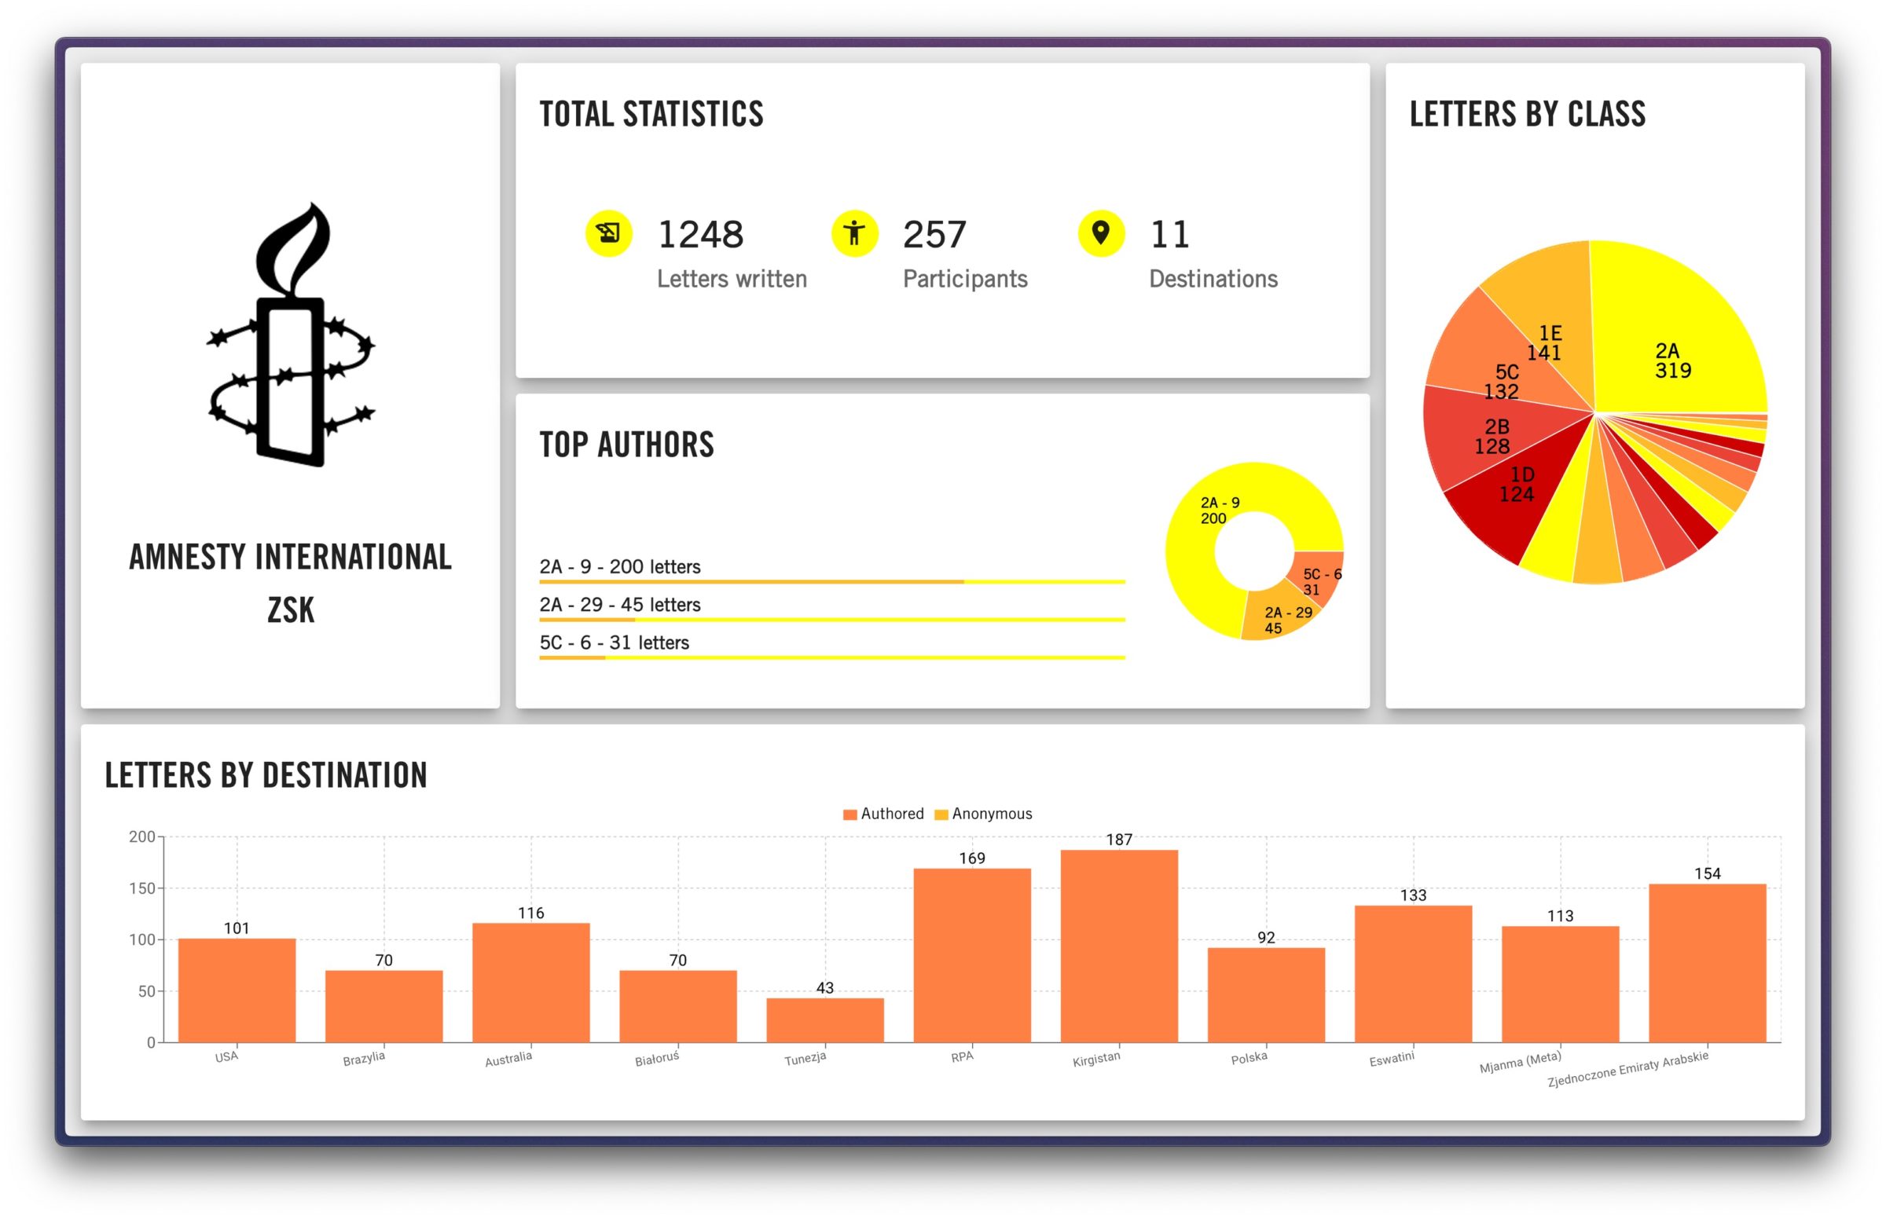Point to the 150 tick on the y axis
click(x=141, y=888)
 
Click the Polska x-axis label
click(x=1249, y=1057)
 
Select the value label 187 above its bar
click(x=1118, y=840)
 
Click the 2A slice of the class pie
click(x=1671, y=348)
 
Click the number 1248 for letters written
click(x=700, y=234)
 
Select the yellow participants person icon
click(x=853, y=233)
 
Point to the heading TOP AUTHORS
click(x=626, y=445)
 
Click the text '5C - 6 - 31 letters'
click(x=614, y=642)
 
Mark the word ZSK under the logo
click(x=291, y=610)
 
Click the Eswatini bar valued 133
click(x=1412, y=974)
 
